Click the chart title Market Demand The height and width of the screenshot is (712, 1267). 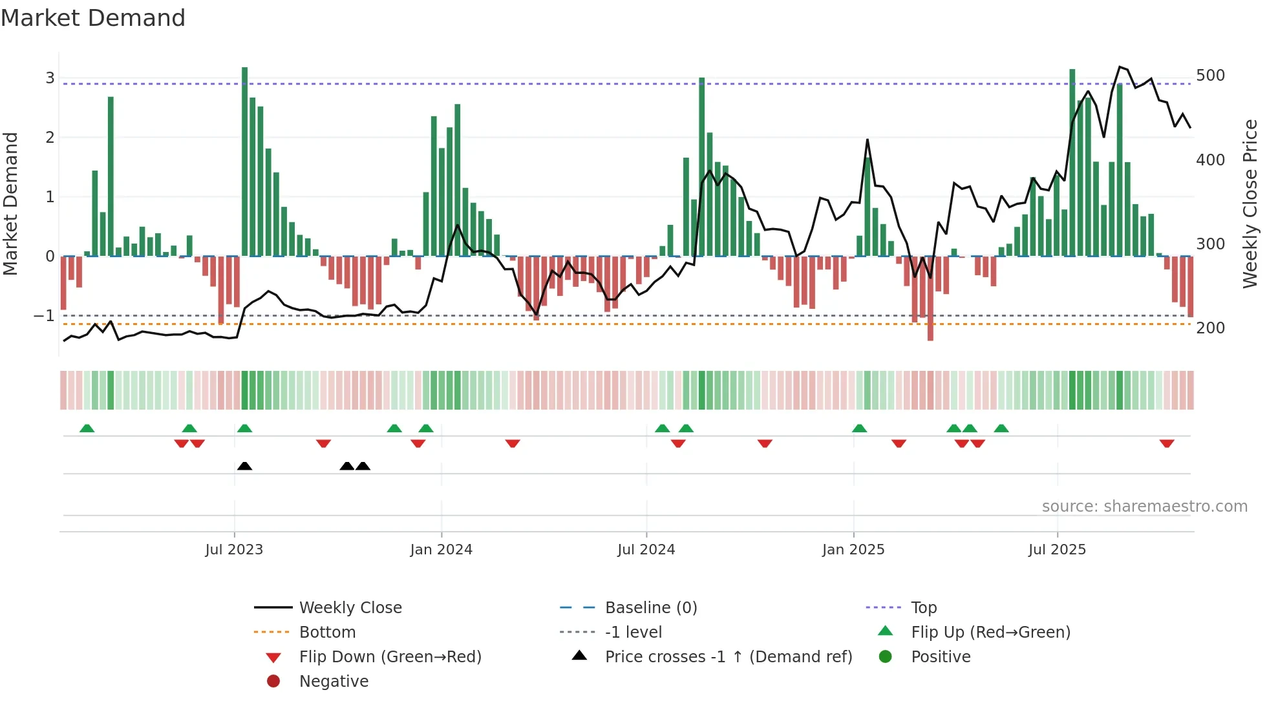(93, 18)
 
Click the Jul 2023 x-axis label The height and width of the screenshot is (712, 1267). (234, 550)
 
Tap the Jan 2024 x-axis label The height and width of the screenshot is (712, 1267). (441, 550)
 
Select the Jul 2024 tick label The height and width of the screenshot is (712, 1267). (646, 550)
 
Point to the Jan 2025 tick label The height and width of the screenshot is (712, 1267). (853, 550)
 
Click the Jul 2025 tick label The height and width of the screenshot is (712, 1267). (1057, 550)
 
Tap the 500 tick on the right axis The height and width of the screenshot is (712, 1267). (1210, 76)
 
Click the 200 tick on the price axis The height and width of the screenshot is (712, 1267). (1210, 328)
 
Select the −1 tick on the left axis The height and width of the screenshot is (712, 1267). (44, 316)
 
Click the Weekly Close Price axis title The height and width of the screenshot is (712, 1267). (1250, 204)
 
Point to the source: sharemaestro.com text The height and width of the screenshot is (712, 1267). (1144, 507)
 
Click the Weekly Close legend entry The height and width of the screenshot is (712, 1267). (350, 608)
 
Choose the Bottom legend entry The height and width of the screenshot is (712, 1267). (327, 633)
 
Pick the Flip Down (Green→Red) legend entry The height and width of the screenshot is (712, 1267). (390, 657)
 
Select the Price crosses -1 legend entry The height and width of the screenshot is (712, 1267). (728, 657)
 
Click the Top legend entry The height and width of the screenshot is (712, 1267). (923, 608)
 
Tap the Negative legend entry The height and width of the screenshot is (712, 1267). (334, 682)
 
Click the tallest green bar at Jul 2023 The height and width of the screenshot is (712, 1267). (244, 162)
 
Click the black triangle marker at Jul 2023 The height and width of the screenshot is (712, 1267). (244, 466)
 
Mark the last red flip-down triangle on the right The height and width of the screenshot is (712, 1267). (1166, 443)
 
